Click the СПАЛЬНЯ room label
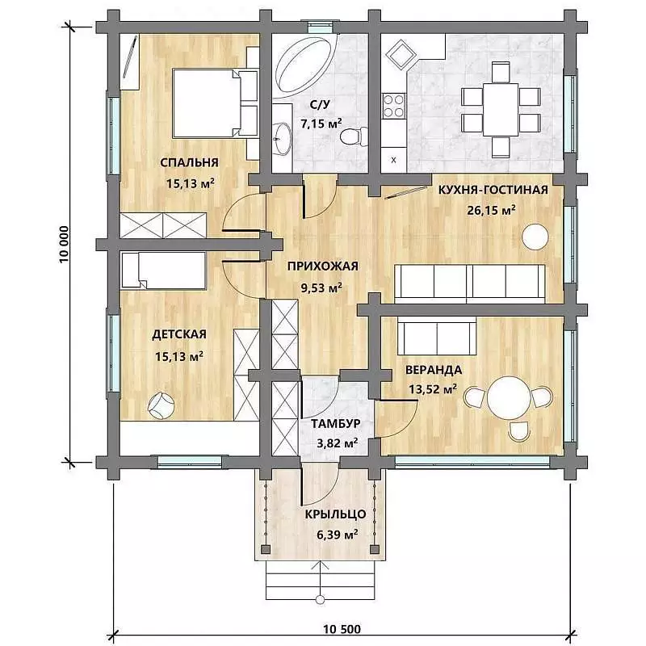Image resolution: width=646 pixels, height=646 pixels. click(189, 162)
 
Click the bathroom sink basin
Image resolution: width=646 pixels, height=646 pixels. click(282, 139)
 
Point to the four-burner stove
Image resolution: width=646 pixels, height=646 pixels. click(393, 106)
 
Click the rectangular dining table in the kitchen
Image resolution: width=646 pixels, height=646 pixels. click(501, 110)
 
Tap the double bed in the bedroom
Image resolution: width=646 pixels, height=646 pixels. click(209, 103)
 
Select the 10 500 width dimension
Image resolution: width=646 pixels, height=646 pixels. click(342, 629)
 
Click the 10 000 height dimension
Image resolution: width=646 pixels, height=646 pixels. click(64, 245)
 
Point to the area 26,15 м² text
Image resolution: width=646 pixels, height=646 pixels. click(491, 210)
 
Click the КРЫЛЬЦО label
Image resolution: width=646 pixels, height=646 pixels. click(335, 514)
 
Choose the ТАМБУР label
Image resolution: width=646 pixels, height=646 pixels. click(336, 423)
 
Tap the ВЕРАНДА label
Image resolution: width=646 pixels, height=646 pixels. click(434, 370)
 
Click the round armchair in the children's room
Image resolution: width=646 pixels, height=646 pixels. click(161, 406)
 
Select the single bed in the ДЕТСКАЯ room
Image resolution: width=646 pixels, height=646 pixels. click(164, 271)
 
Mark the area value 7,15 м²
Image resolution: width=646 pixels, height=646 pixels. click(321, 124)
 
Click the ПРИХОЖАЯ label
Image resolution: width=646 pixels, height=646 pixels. click(322, 266)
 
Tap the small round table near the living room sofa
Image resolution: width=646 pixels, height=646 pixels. click(535, 237)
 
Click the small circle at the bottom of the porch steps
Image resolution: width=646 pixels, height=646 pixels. click(320, 600)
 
